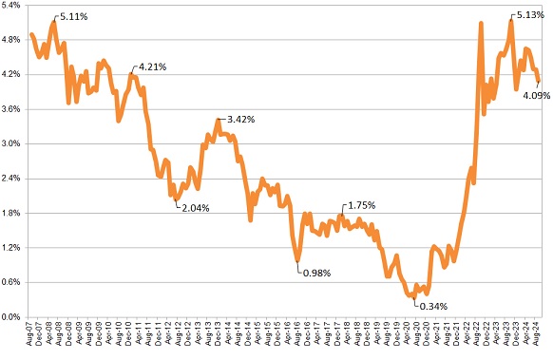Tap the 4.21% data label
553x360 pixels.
tap(153, 67)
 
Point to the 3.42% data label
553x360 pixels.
tap(238, 120)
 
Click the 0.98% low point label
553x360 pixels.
tap(317, 274)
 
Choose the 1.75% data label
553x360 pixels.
tap(362, 205)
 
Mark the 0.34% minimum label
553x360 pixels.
tap(431, 306)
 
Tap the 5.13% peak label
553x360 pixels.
tap(529, 15)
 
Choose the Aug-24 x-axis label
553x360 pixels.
tap(539, 336)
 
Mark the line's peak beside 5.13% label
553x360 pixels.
tap(511, 21)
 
